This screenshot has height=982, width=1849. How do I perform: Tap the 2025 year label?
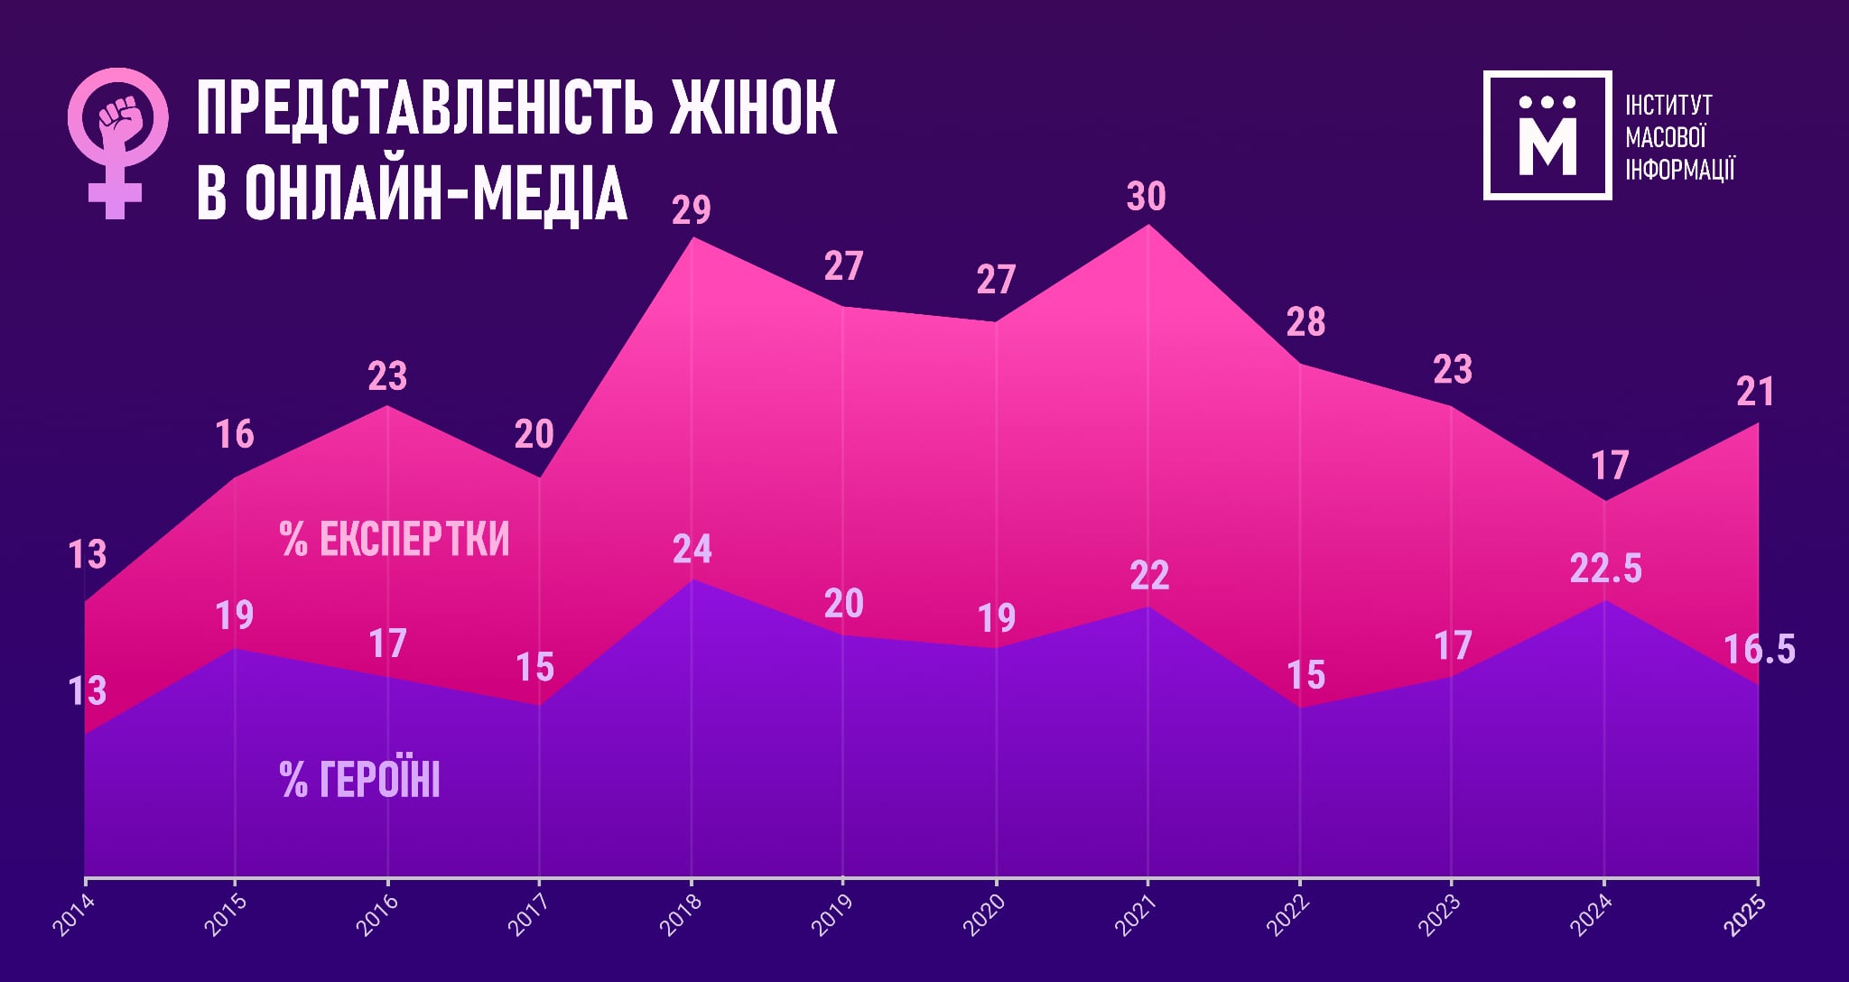pos(1744,913)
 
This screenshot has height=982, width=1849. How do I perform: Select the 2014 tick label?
pos(72,913)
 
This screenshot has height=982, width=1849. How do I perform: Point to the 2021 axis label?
pos(1135,913)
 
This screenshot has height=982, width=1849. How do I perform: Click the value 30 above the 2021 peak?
pos(1147,197)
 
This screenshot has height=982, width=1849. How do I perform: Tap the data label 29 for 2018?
pos(692,209)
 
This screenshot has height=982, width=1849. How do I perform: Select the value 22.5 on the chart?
pos(1605,569)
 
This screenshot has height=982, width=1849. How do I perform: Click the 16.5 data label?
pos(1759,650)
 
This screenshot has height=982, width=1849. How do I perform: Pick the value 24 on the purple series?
pos(692,549)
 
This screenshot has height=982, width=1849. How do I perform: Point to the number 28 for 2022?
pos(1305,322)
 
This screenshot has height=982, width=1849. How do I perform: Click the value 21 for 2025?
pos(1755,392)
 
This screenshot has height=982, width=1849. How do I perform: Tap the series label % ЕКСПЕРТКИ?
pos(395,539)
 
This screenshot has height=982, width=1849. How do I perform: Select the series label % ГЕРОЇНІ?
pos(359,780)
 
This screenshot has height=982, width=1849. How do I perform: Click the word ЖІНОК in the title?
pos(753,108)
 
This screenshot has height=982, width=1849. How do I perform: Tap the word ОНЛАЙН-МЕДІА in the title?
pos(435,193)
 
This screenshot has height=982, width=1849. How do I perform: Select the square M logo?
pos(1547,135)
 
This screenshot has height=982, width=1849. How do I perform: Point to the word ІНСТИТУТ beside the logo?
pos(1668,106)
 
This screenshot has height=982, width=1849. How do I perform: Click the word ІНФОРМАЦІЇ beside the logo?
pos(1679,169)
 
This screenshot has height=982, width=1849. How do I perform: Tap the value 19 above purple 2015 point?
pos(235,616)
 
